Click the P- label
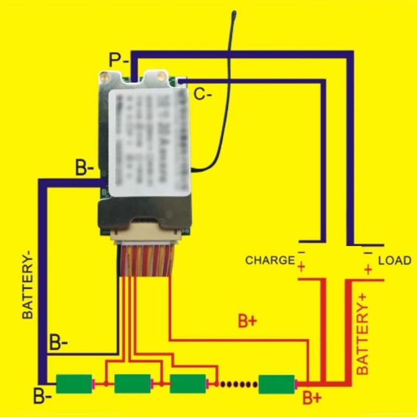pos(119,59)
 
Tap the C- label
pos(203,94)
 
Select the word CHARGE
pos(270,260)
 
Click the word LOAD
pos(395,260)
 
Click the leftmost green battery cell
pos(73,384)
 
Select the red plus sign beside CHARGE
pos(301,268)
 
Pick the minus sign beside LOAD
pos(368,253)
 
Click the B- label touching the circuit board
pos(84,169)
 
